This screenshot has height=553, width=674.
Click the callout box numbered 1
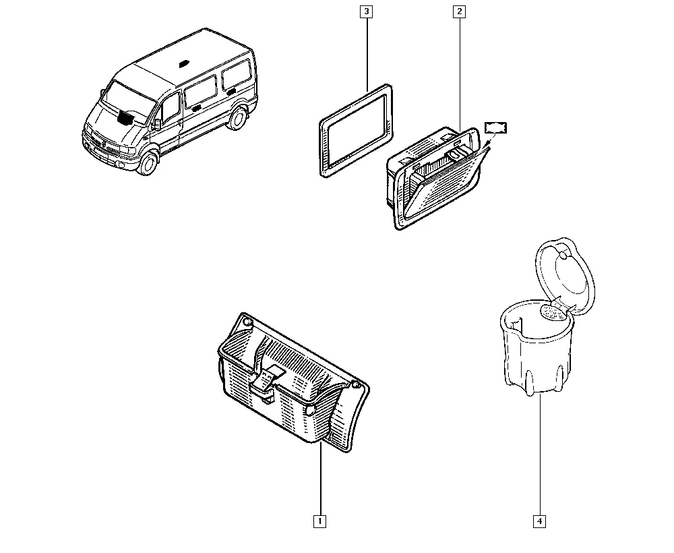coord(319,521)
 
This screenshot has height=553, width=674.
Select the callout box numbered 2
coord(459,11)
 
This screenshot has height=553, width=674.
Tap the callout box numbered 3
coord(366,11)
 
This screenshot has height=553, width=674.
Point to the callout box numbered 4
coord(539,521)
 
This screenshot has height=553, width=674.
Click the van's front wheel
coord(148,163)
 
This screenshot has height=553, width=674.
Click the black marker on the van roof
coord(185,63)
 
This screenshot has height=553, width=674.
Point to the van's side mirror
coord(156,124)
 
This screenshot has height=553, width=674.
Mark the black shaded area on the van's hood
coord(127,117)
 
